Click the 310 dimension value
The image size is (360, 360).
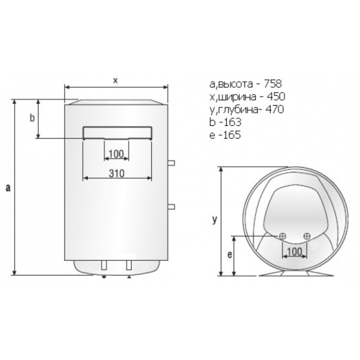tap(117, 174)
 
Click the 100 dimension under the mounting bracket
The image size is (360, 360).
tap(116, 154)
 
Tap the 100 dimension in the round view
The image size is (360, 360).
tap(294, 251)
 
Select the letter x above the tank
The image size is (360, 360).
tap(116, 81)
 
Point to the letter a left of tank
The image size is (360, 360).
tap(8, 187)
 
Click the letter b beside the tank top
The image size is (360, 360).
tap(32, 118)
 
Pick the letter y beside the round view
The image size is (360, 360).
tap(215, 220)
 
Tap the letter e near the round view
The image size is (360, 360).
tap(230, 255)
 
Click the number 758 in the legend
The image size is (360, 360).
tap(273, 84)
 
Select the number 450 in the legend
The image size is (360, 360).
tap(276, 96)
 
